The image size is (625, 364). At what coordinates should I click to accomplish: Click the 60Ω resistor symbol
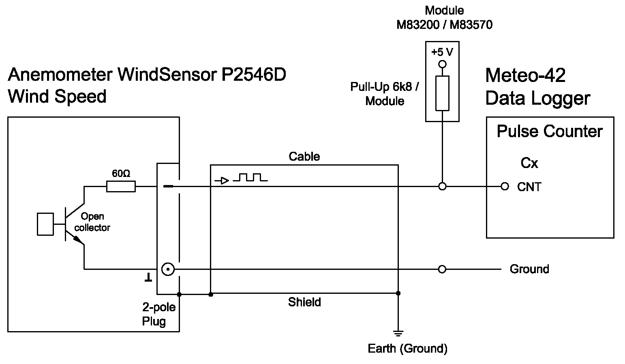(x=121, y=187)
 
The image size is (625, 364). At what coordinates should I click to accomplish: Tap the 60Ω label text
(x=121, y=174)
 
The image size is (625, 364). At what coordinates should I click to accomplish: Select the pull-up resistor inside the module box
(x=442, y=93)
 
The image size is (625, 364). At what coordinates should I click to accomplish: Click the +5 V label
(x=442, y=52)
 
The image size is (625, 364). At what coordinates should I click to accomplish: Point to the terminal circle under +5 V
(x=443, y=64)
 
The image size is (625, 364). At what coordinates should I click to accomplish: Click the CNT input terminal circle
(x=505, y=187)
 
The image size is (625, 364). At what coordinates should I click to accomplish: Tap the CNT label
(x=529, y=187)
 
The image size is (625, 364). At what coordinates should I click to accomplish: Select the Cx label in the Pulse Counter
(x=529, y=163)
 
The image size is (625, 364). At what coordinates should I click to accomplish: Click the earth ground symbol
(x=398, y=334)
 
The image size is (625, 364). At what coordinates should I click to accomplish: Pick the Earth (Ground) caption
(x=407, y=349)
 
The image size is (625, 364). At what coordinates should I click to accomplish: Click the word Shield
(x=304, y=302)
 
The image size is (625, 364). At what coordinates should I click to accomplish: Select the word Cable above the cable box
(x=304, y=157)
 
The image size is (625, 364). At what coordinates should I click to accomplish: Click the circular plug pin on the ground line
(x=168, y=269)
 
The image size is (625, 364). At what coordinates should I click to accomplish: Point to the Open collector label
(x=92, y=222)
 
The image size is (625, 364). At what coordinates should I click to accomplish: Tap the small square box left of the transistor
(x=45, y=224)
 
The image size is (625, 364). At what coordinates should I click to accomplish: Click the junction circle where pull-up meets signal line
(x=443, y=187)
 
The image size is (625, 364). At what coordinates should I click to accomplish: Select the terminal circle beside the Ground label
(x=442, y=269)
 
